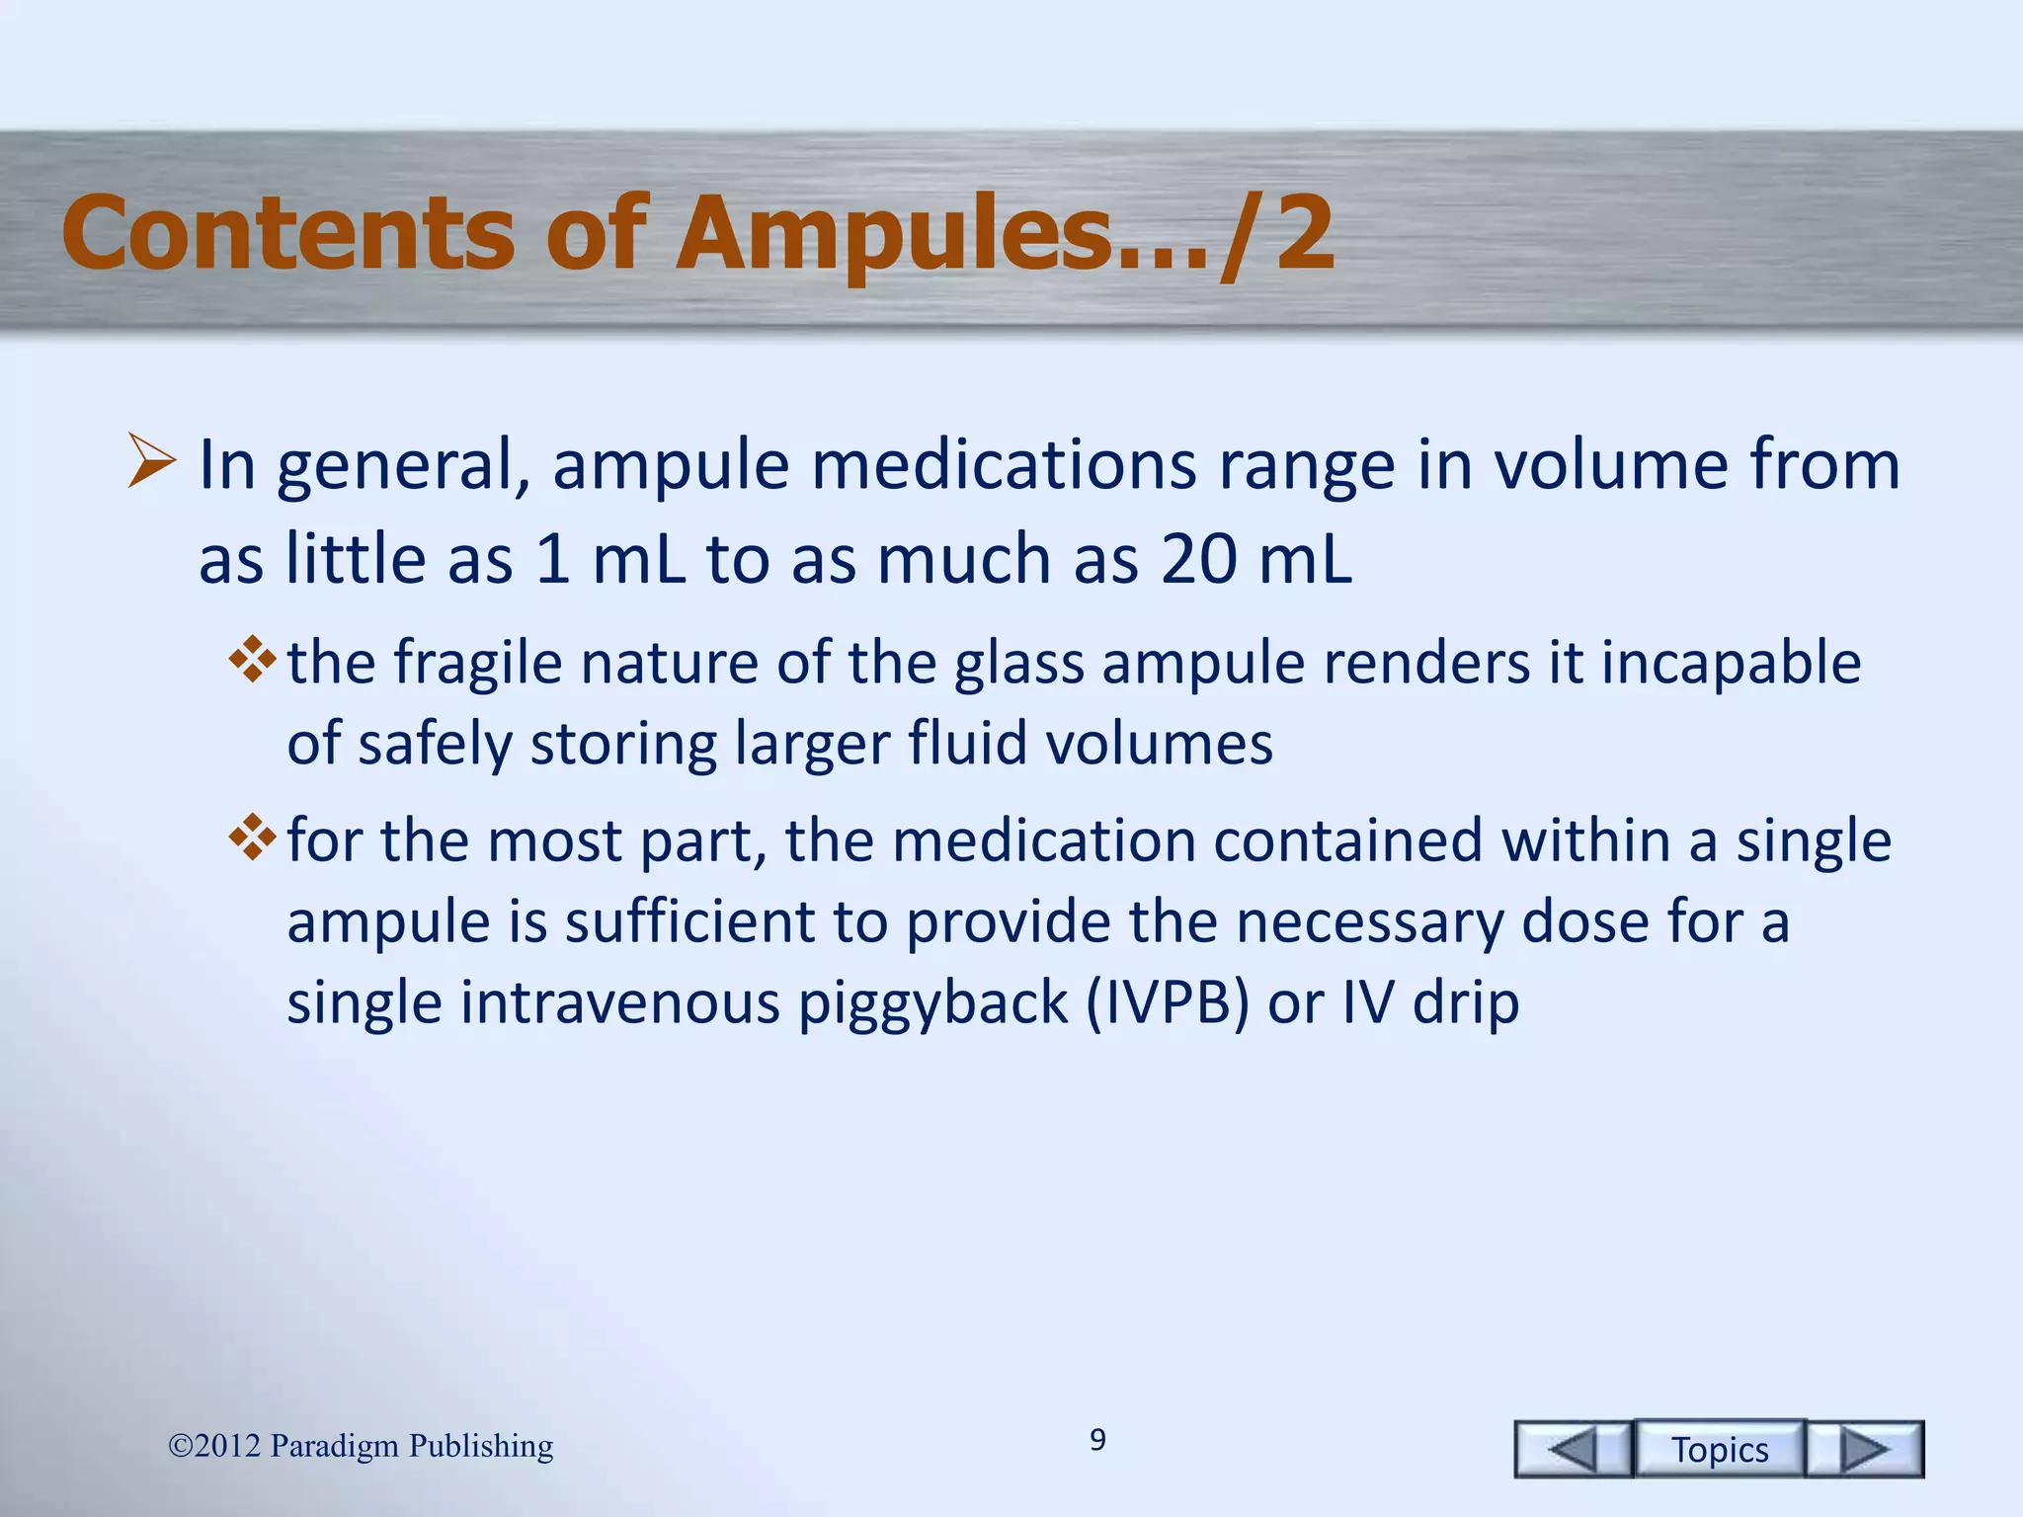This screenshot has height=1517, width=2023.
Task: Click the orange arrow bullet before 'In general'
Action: coord(152,462)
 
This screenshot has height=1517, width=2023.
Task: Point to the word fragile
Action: coord(478,662)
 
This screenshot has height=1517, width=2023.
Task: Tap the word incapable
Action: coord(1731,662)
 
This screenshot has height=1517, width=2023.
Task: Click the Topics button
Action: coord(1720,1449)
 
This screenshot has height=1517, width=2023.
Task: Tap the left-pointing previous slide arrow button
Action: coord(1573,1449)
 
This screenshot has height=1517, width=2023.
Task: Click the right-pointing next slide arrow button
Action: coord(1865,1449)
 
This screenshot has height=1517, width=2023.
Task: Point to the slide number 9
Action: coord(1097,1440)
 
